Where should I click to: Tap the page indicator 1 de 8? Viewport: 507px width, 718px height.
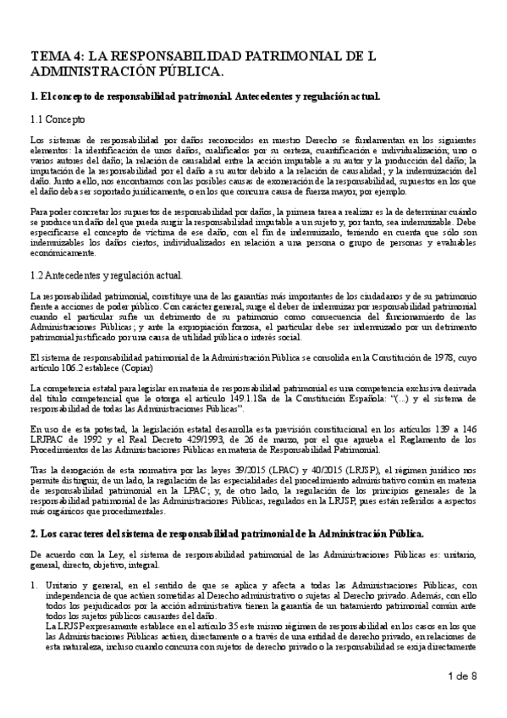(462, 674)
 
